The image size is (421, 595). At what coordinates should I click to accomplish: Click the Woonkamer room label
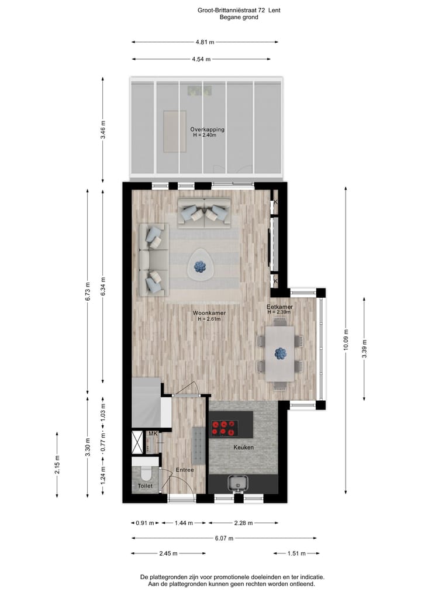coord(209,313)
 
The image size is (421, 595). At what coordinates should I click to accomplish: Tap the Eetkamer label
coord(279,307)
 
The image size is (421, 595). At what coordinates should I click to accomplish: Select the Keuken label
coord(243,448)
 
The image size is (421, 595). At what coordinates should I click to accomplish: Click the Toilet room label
coord(144,486)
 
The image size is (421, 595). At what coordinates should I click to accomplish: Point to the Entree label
coord(184,470)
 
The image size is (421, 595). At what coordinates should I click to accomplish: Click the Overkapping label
coord(207,129)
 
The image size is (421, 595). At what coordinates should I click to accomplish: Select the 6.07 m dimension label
coord(224,538)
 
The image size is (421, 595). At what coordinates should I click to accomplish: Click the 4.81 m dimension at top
coord(204,42)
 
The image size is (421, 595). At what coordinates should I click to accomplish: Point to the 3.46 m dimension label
coord(103,129)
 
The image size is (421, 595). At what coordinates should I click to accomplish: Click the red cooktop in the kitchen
coord(225,428)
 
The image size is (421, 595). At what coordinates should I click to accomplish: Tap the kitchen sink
coord(239,483)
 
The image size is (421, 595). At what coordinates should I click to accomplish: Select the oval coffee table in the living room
coord(202,267)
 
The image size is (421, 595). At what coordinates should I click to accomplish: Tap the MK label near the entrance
coord(153,434)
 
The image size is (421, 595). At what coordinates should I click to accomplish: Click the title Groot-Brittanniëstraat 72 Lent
coord(239,10)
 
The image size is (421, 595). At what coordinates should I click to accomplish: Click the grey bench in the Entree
coord(198,444)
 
